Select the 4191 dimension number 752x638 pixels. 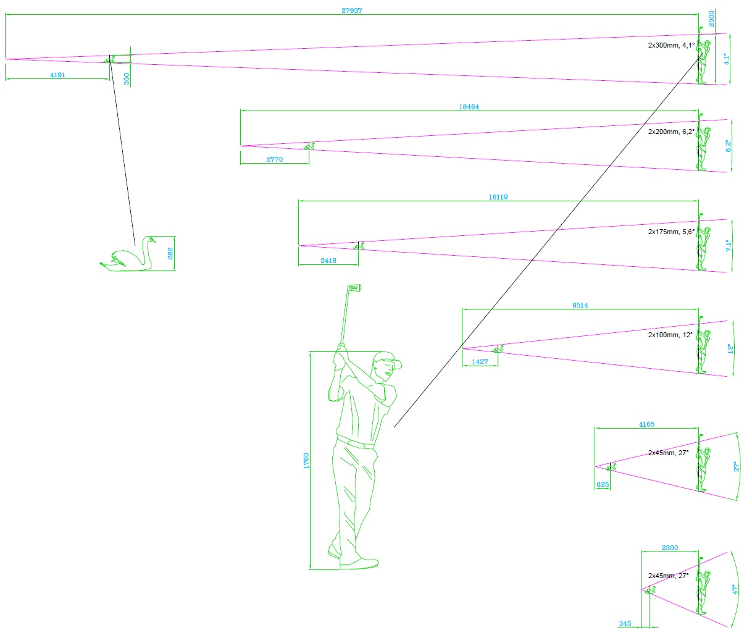[57, 75]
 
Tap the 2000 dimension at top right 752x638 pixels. [711, 19]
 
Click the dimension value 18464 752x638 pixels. [469, 107]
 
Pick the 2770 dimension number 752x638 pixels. [274, 159]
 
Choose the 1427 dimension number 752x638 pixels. [480, 362]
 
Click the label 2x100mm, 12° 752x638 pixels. [669, 335]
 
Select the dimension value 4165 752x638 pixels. [646, 424]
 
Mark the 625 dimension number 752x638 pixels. [603, 485]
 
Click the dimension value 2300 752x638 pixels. [669, 548]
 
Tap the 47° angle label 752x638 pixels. [735, 590]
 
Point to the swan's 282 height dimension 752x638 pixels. [170, 253]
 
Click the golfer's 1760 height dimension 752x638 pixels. [306, 461]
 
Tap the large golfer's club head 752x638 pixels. [354, 287]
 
